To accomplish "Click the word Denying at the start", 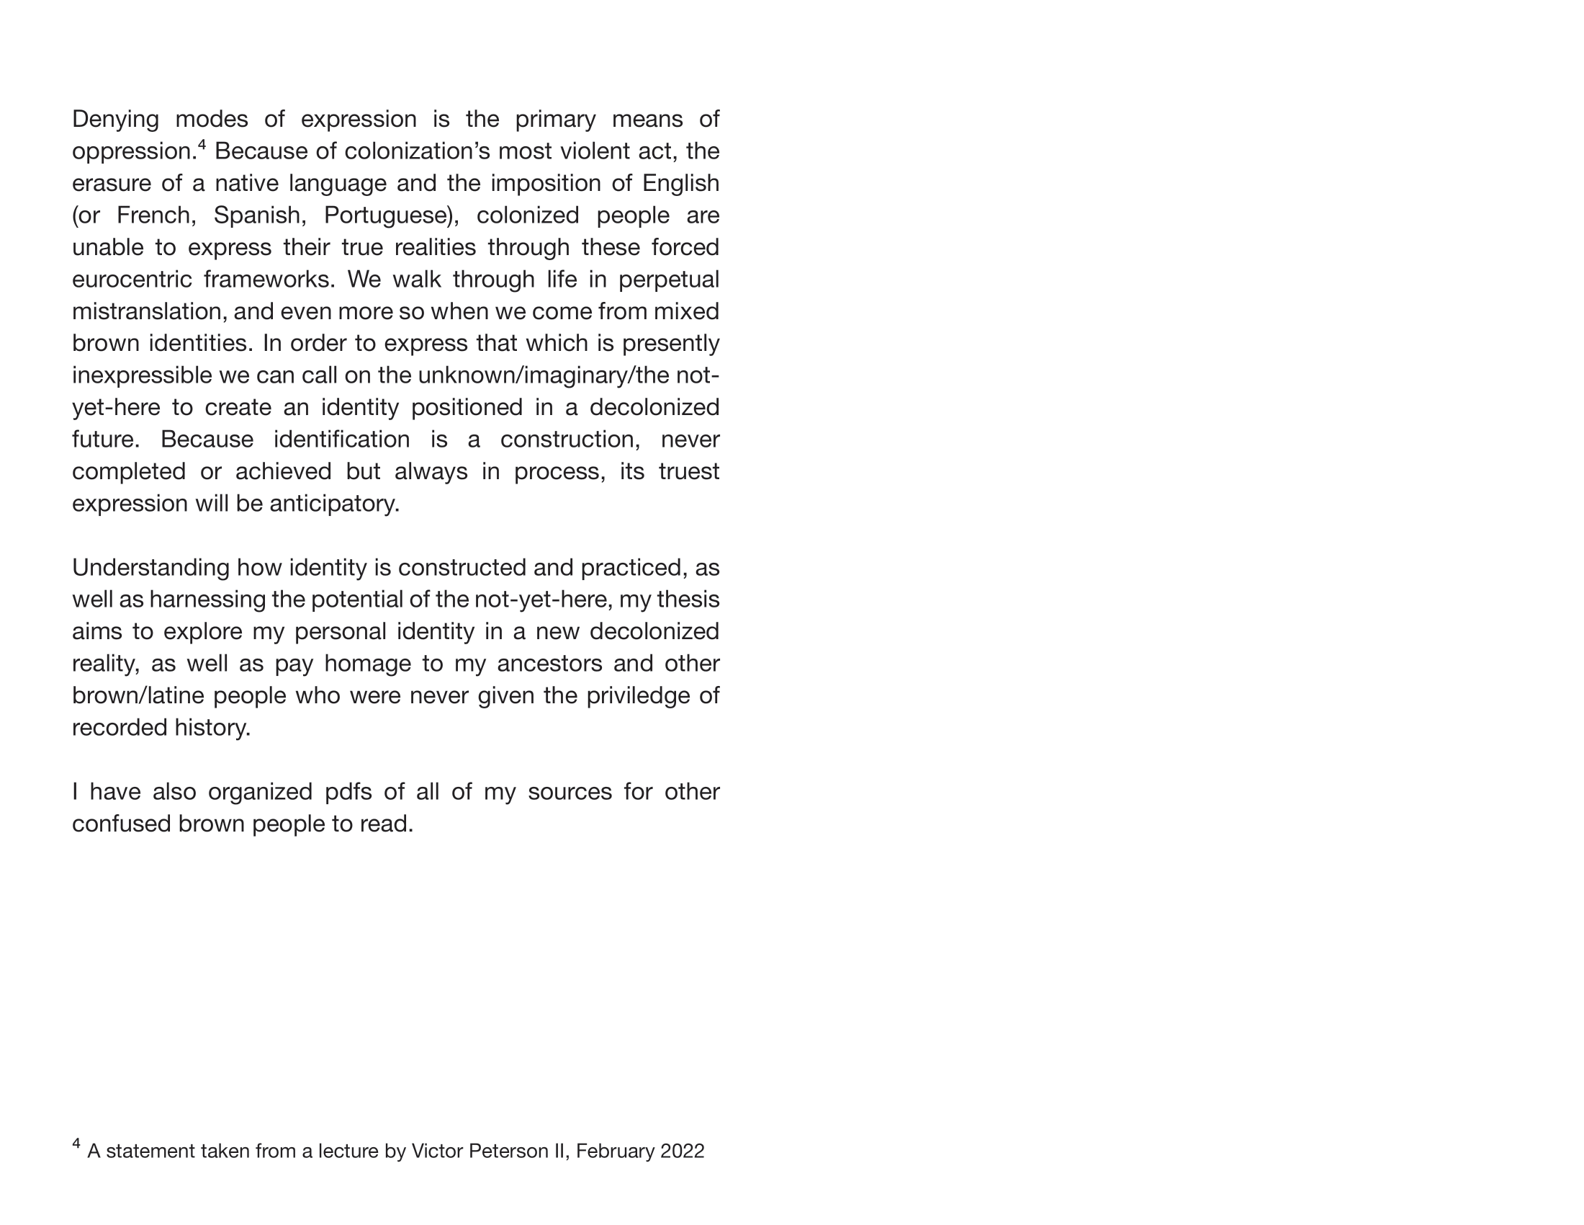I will pyautogui.click(x=115, y=120).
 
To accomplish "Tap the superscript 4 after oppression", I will pyautogui.click(x=202, y=145).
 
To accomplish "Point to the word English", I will pyautogui.click(x=680, y=184).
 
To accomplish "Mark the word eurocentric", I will pyautogui.click(x=131, y=280).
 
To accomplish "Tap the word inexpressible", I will pyautogui.click(x=151, y=376).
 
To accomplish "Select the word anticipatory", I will pyautogui.click(x=333, y=504).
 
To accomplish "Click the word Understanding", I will pyautogui.click(x=151, y=568).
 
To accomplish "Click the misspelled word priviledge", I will pyautogui.click(x=637, y=695).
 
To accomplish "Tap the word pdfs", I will pyautogui.click(x=348, y=792).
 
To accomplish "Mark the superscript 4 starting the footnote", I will pyautogui.click(x=76, y=1144).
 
